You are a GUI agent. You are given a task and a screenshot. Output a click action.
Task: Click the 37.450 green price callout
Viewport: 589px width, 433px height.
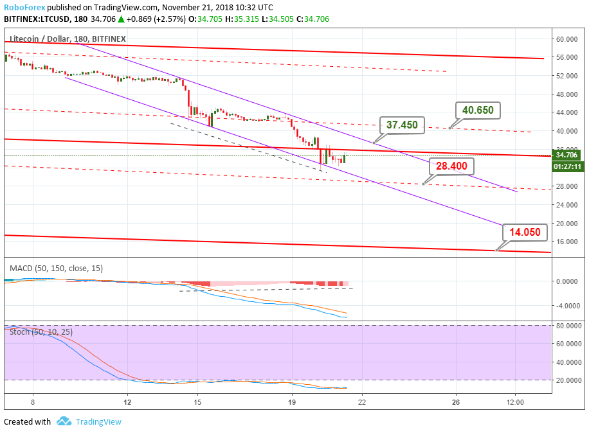[402, 125]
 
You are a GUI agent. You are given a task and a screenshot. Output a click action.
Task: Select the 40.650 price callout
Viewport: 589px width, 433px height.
[477, 110]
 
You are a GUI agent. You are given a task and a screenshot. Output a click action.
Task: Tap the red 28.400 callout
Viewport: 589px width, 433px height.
[451, 166]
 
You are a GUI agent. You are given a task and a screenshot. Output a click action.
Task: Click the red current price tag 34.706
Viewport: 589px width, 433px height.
[568, 155]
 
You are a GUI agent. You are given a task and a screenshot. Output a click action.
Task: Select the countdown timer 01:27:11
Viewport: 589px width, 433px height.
[568, 166]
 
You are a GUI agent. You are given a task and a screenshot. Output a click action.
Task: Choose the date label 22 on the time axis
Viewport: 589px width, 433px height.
[362, 402]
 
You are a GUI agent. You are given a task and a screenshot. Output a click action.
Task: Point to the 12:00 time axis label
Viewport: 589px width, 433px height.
[516, 402]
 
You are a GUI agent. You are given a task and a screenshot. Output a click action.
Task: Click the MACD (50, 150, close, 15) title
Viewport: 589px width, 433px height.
[56, 268]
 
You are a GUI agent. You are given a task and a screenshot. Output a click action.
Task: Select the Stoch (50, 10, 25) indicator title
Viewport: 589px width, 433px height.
[42, 331]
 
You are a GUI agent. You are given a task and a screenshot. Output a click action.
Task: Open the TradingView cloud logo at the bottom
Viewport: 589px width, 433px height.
[64, 421]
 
